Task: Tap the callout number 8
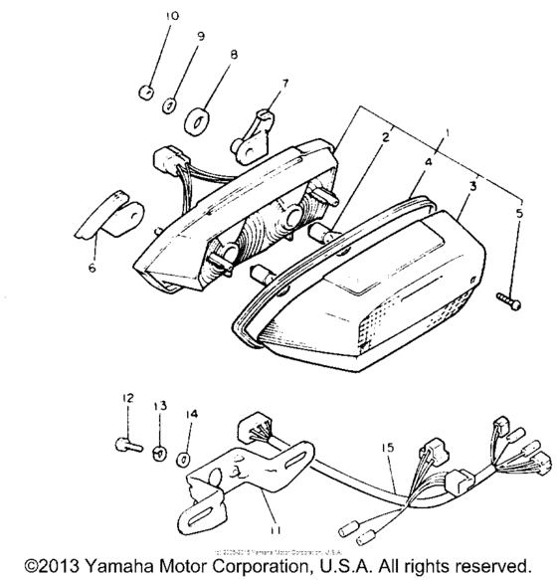pyautogui.click(x=234, y=56)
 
